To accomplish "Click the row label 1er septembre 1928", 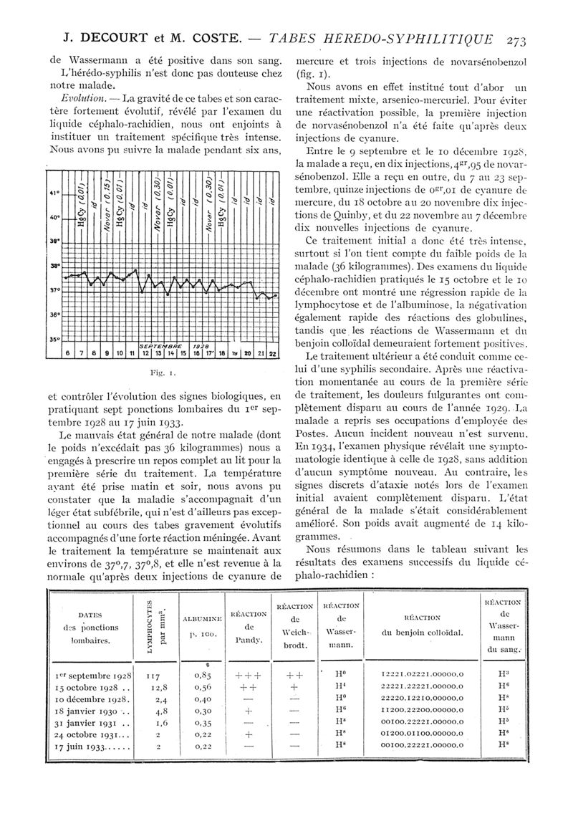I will click(x=92, y=676).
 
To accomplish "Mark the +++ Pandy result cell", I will click(x=247, y=676).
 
